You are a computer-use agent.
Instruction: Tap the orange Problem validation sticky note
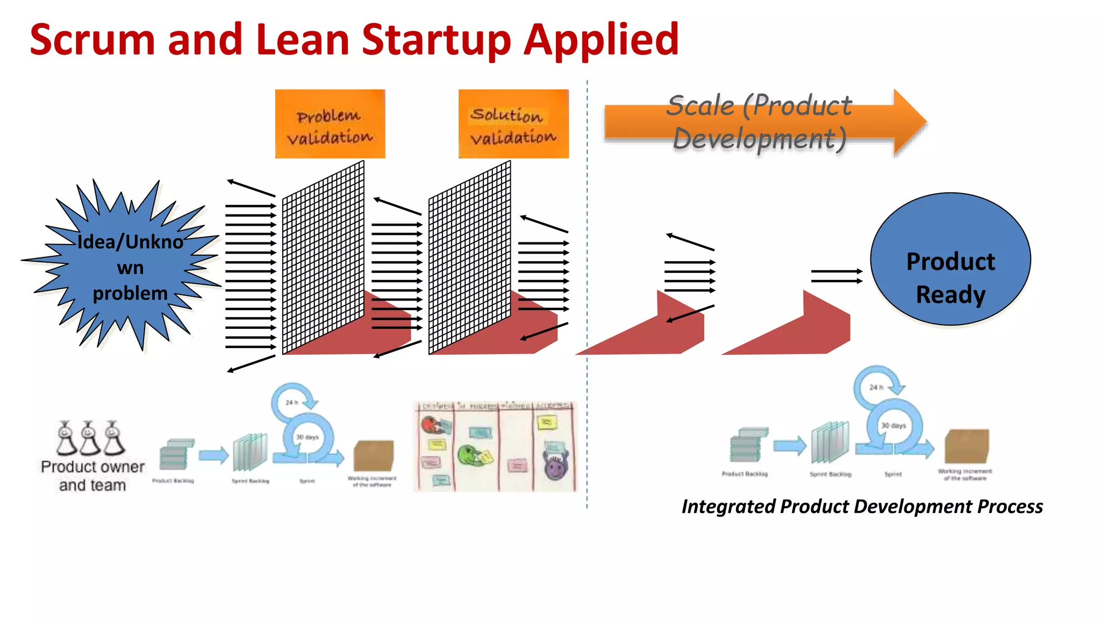click(x=330, y=124)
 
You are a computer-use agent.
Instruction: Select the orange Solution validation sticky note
click(x=513, y=124)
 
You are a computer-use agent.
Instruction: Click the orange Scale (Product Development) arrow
click(x=763, y=123)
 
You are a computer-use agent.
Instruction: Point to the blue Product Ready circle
click(x=950, y=259)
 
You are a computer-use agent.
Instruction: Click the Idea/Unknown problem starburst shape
click(x=129, y=266)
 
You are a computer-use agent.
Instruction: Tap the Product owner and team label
click(x=92, y=476)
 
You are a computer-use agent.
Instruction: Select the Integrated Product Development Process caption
click(x=862, y=506)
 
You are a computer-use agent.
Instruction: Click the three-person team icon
click(x=90, y=437)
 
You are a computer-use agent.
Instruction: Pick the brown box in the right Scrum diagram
click(x=967, y=446)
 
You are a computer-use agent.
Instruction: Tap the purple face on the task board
click(x=555, y=465)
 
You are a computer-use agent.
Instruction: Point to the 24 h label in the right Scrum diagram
click(x=876, y=387)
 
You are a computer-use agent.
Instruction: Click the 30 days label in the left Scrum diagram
click(x=308, y=437)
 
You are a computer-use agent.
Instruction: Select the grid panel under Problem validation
click(x=323, y=258)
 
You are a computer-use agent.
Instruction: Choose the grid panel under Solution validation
click(x=469, y=258)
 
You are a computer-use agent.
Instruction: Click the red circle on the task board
click(x=430, y=425)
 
